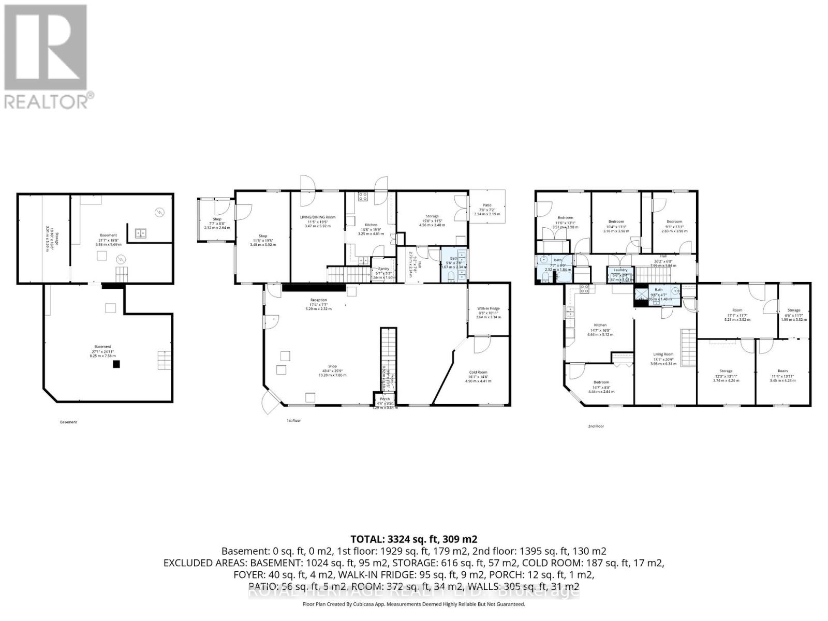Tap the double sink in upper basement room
(140, 233)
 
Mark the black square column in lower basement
(117, 364)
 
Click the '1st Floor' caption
(293, 421)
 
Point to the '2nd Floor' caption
(596, 426)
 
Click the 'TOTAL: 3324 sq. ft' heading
(413, 539)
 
